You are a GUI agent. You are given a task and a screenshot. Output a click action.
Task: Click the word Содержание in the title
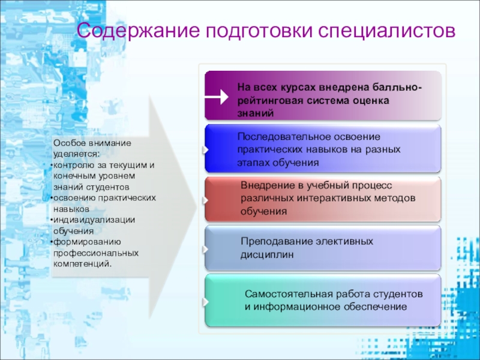(x=139, y=31)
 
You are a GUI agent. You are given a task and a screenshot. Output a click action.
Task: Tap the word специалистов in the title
(x=386, y=31)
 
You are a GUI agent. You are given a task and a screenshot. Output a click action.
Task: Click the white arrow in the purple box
(x=217, y=97)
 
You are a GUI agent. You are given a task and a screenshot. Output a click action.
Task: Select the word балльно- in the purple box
(x=397, y=87)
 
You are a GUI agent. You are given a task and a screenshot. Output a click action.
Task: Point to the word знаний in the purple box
(x=256, y=113)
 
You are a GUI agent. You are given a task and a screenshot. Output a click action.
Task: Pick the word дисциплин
(x=267, y=254)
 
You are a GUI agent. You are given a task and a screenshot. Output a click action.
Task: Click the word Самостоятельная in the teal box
(x=289, y=294)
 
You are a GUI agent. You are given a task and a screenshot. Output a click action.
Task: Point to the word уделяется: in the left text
(x=76, y=154)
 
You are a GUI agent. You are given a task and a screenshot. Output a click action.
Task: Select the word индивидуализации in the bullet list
(x=94, y=220)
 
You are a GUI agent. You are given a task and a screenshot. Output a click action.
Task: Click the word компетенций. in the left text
(x=82, y=264)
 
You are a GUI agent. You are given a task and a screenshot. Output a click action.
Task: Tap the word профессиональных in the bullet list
(x=96, y=253)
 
